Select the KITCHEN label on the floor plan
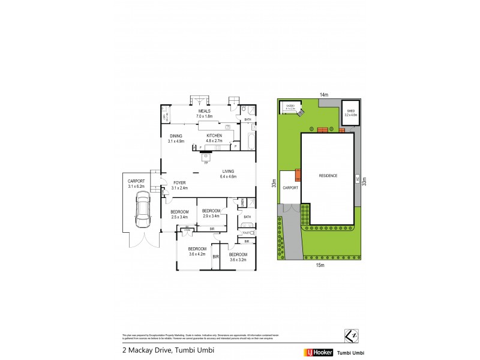[214, 136]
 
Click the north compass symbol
[351, 334]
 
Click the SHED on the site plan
[350, 114]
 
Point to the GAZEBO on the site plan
[290, 108]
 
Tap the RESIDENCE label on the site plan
[328, 176]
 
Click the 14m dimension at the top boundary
[323, 95]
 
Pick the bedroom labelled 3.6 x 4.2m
[197, 251]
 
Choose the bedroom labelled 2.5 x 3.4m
[179, 214]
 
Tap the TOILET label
[245, 232]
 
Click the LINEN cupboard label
[241, 204]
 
